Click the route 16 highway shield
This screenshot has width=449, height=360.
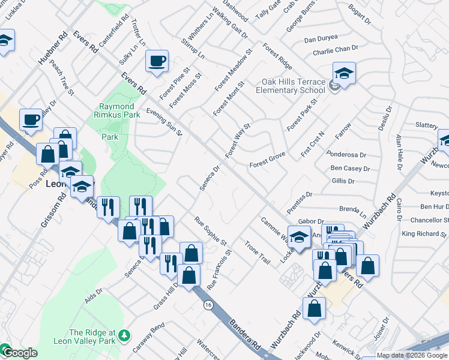pyautogui.click(x=208, y=305)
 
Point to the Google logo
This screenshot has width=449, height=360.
pyautogui.click(x=19, y=353)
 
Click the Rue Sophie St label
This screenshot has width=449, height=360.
pyautogui.click(x=211, y=231)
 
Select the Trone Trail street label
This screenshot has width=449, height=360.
pyautogui.click(x=258, y=253)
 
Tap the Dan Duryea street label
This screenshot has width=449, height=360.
pyautogui.click(x=321, y=39)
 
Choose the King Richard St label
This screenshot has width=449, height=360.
pyautogui.click(x=425, y=233)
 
